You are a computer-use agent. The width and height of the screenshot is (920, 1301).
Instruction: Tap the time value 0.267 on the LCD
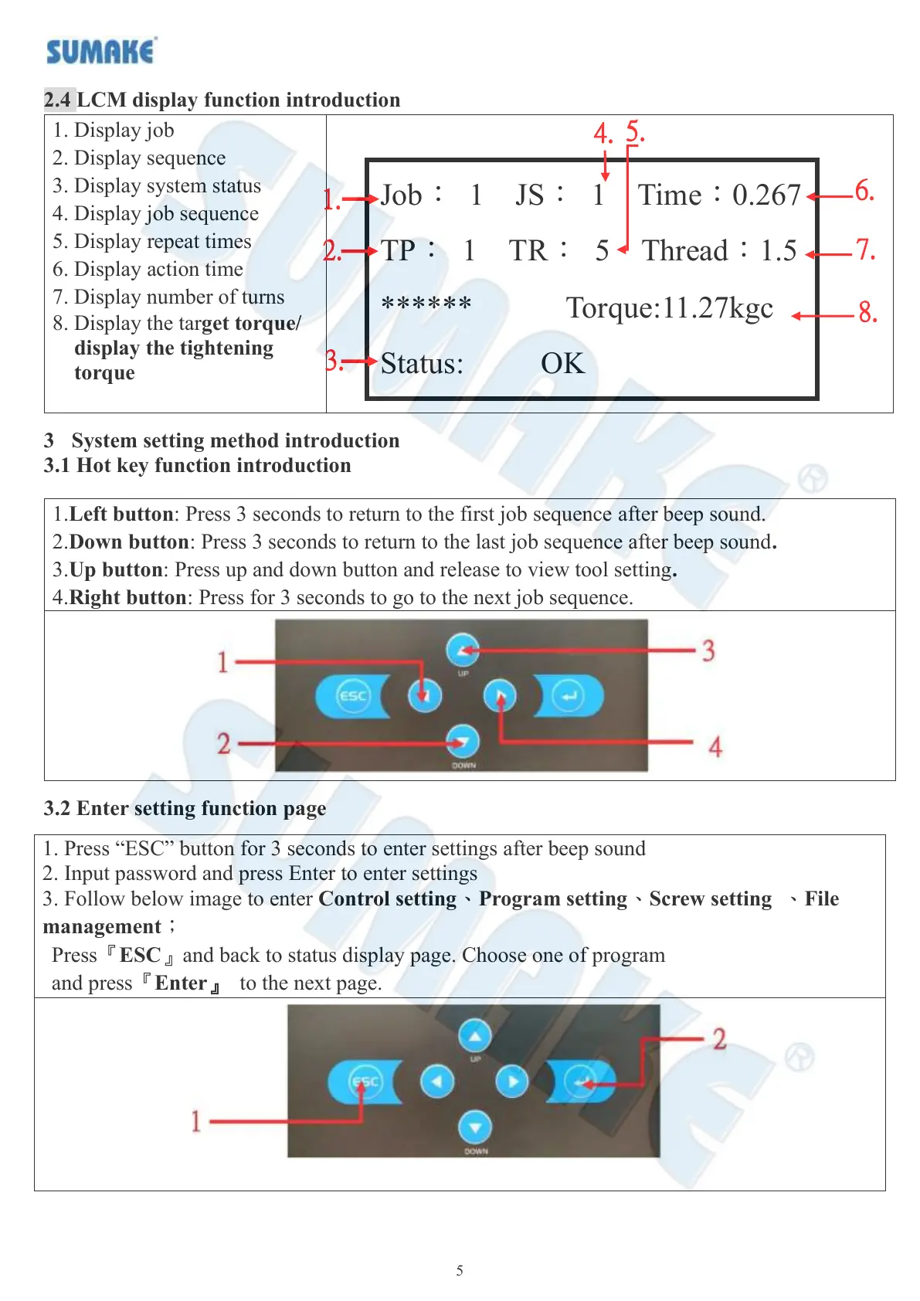[766, 195]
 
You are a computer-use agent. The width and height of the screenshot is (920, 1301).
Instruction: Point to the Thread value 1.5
[778, 250]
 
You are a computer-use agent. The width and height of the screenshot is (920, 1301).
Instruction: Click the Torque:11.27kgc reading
[669, 308]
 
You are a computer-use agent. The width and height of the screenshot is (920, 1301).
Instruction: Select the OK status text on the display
[562, 363]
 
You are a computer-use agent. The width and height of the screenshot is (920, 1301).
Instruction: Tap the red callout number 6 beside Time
[864, 191]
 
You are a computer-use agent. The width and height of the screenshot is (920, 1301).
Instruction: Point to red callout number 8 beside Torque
[867, 313]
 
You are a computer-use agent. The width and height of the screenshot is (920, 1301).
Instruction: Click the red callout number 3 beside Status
[333, 361]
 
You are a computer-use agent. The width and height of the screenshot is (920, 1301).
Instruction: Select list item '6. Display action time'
[148, 269]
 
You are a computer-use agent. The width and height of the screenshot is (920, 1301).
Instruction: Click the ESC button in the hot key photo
[352, 695]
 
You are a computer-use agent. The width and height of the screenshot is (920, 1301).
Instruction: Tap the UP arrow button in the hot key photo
[463, 650]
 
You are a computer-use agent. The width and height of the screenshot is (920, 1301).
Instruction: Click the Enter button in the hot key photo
[569, 696]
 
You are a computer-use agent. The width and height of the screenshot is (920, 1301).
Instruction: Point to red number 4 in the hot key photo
[715, 747]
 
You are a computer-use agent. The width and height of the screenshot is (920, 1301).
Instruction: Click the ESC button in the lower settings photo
[365, 1081]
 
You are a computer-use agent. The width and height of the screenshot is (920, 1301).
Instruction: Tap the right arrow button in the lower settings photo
[511, 1081]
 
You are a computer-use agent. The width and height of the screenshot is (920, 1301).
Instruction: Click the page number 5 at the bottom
[460, 1271]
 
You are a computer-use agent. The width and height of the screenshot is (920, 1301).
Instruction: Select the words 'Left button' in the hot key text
[121, 515]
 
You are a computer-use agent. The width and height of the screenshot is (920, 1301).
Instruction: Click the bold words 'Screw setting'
[710, 899]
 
